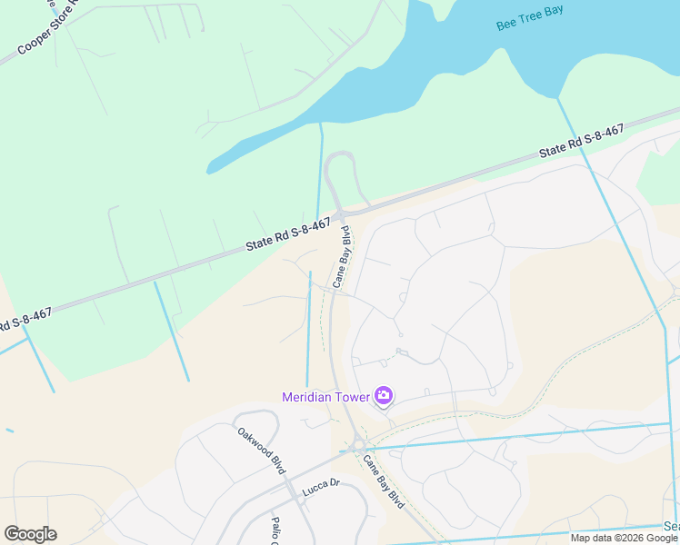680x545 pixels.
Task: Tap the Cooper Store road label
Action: click(x=45, y=32)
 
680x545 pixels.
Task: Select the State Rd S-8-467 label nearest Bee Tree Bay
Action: click(x=581, y=143)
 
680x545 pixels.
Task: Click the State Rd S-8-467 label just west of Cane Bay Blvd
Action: click(x=288, y=235)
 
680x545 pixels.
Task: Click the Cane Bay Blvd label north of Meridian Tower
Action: click(x=343, y=257)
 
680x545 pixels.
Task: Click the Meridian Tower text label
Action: click(x=325, y=397)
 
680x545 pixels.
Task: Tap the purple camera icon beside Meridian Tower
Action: click(x=384, y=396)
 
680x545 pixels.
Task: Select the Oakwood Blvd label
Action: click(x=262, y=450)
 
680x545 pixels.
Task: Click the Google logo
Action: click(x=30, y=534)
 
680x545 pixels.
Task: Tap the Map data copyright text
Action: click(x=624, y=538)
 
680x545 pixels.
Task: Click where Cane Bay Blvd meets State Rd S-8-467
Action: click(x=342, y=215)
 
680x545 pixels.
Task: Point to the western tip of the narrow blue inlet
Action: click(x=209, y=168)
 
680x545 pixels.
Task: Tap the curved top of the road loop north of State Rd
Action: click(x=338, y=154)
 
